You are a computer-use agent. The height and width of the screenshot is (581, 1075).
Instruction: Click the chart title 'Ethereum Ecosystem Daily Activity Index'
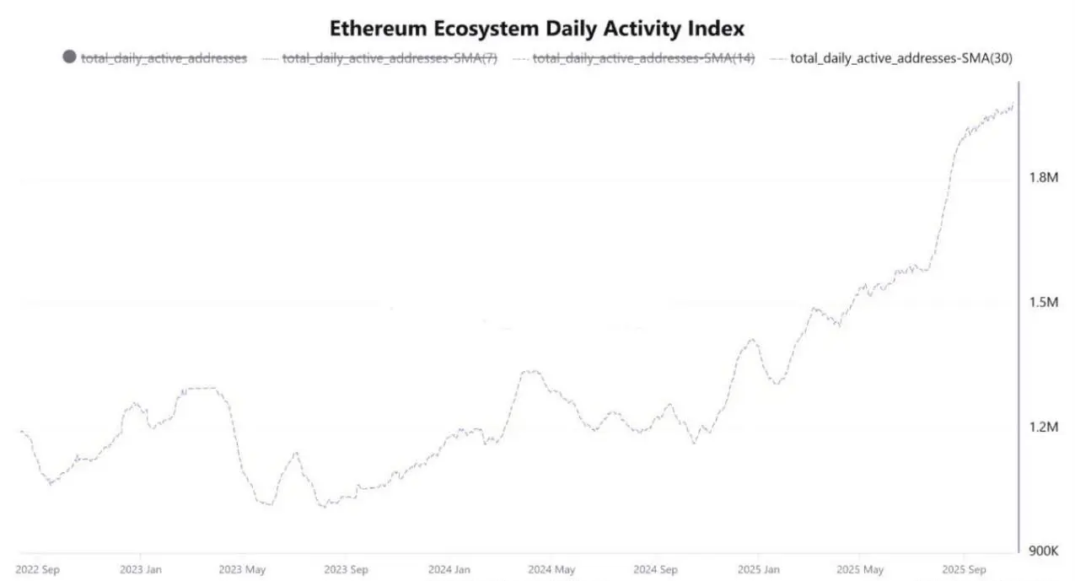pos(537,28)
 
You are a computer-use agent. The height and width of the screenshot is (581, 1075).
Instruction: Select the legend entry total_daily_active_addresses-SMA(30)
pos(900,58)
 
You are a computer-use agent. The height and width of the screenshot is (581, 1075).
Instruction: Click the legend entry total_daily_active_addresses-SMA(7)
pos(390,58)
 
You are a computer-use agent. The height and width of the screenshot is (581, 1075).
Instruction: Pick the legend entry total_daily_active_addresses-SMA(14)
pos(643,58)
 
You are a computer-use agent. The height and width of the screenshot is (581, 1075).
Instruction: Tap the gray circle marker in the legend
pos(69,57)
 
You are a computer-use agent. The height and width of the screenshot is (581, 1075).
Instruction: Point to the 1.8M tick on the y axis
pos(1044,177)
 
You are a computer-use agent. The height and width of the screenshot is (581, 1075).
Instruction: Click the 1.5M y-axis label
pos(1044,302)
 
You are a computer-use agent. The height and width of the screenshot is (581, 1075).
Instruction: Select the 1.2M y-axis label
pos(1044,427)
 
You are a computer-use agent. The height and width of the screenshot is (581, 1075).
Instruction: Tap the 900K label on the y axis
pos(1044,551)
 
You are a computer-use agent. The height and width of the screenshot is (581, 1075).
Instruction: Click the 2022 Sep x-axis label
pos(38,569)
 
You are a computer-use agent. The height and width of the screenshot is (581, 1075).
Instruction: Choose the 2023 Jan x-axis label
pos(141,569)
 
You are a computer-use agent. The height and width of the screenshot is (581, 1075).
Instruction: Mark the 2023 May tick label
pos(243,569)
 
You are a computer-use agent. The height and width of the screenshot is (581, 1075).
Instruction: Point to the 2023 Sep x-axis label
pos(347,569)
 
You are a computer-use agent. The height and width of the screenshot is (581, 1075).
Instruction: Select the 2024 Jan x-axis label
pos(449,569)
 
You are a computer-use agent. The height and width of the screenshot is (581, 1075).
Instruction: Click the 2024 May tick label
pos(551,569)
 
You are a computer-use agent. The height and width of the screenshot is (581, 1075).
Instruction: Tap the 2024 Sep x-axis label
pos(655,569)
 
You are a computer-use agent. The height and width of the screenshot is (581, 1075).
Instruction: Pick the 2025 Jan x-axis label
pos(757,569)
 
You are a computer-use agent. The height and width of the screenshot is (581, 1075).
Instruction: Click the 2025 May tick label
pos(861,569)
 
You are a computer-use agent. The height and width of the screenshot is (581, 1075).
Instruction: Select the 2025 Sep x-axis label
pos(964,569)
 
